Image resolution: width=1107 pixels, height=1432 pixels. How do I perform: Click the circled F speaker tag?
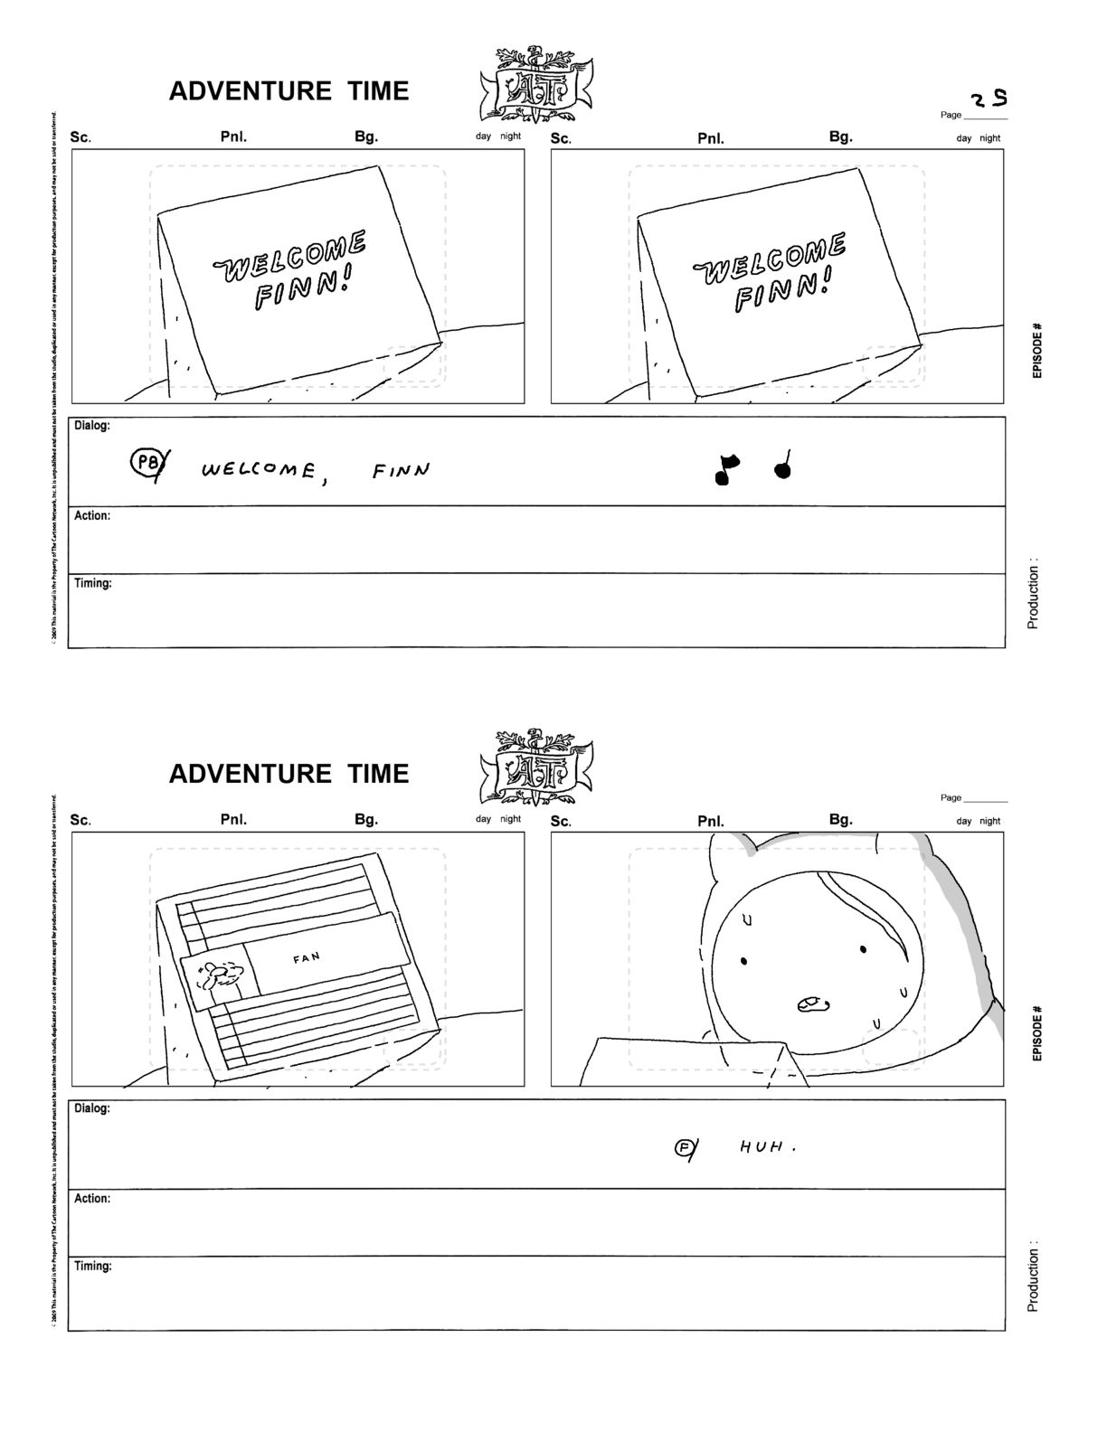[685, 1148]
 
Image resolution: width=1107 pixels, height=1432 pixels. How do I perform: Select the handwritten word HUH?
[765, 1147]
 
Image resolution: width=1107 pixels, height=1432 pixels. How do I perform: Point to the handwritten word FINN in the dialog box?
[401, 470]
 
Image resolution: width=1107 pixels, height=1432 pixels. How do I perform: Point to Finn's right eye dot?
[864, 948]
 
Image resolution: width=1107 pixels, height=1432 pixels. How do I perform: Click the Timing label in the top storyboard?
[92, 583]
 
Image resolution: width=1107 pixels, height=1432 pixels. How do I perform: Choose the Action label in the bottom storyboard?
[92, 1198]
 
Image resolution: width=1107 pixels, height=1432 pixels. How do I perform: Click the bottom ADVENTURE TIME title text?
[289, 774]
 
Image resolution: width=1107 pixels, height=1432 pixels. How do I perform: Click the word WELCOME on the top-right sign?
[771, 257]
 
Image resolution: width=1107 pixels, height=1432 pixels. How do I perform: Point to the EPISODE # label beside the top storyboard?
[1037, 350]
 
